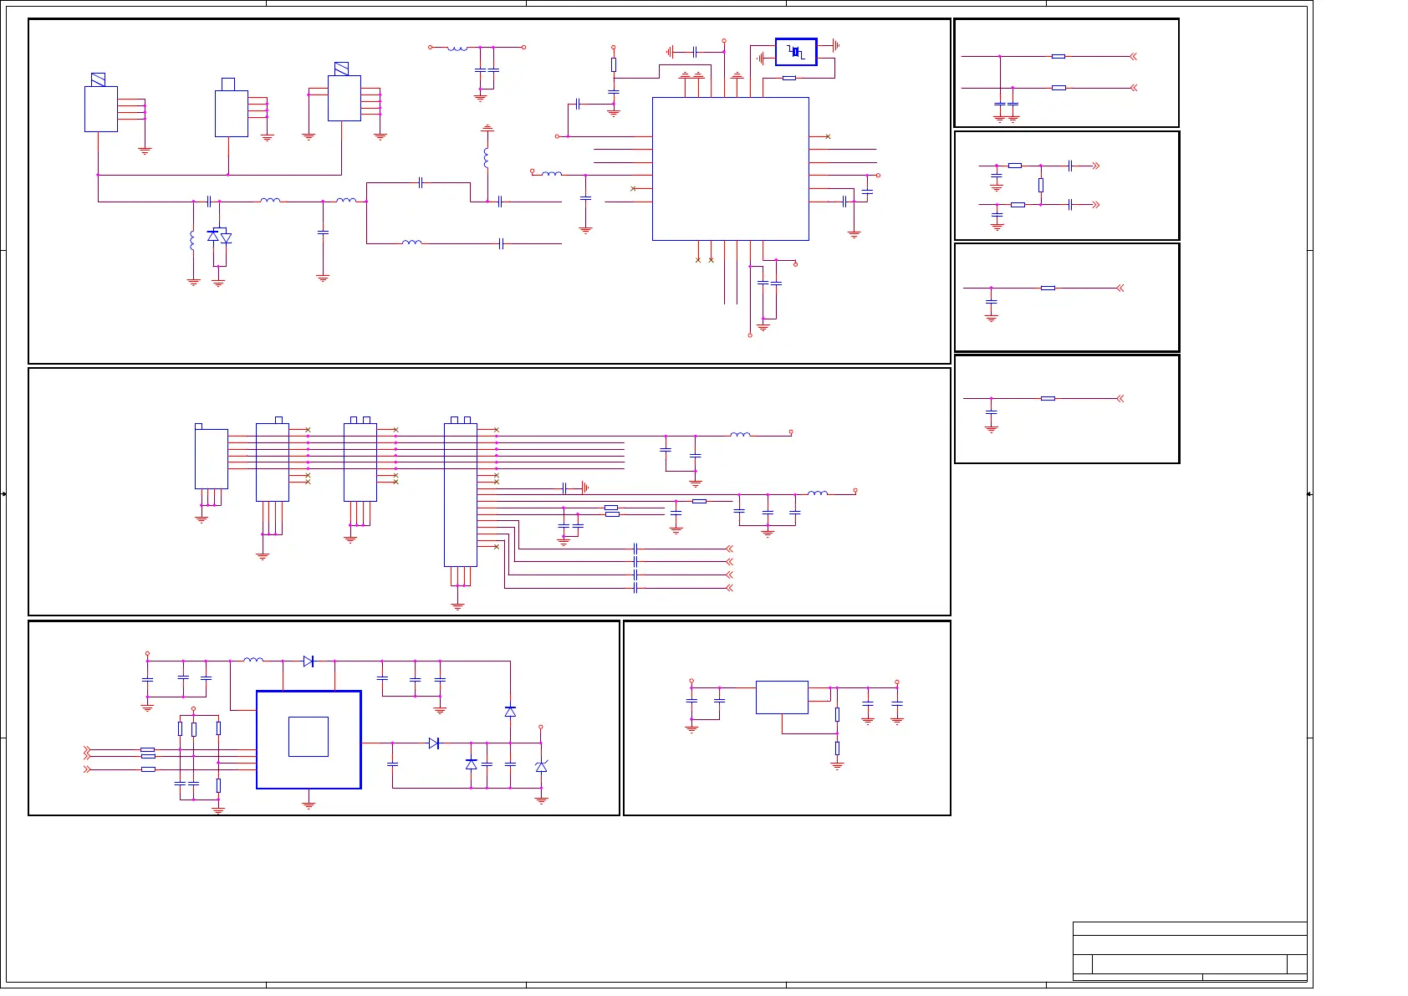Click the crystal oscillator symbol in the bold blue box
(x=796, y=53)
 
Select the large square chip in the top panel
(x=730, y=168)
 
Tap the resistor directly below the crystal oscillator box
(x=788, y=78)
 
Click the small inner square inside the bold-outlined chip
(x=308, y=737)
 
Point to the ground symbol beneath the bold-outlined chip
(x=309, y=804)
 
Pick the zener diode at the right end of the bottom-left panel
(x=541, y=766)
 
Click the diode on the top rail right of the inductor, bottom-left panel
(x=308, y=661)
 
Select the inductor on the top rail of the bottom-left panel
(x=253, y=660)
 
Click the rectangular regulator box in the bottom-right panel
(x=782, y=697)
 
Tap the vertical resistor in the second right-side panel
(x=1041, y=185)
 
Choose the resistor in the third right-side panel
(x=1048, y=288)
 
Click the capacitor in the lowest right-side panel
(x=992, y=412)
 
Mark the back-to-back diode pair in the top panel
(x=219, y=237)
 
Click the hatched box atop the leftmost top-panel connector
(x=98, y=79)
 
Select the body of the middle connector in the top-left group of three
(x=232, y=113)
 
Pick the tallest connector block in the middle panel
(x=460, y=494)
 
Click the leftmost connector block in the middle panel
(x=211, y=458)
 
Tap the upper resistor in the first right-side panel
(x=1059, y=56)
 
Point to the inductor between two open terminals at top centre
(x=457, y=48)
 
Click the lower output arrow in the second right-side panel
(x=1095, y=204)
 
